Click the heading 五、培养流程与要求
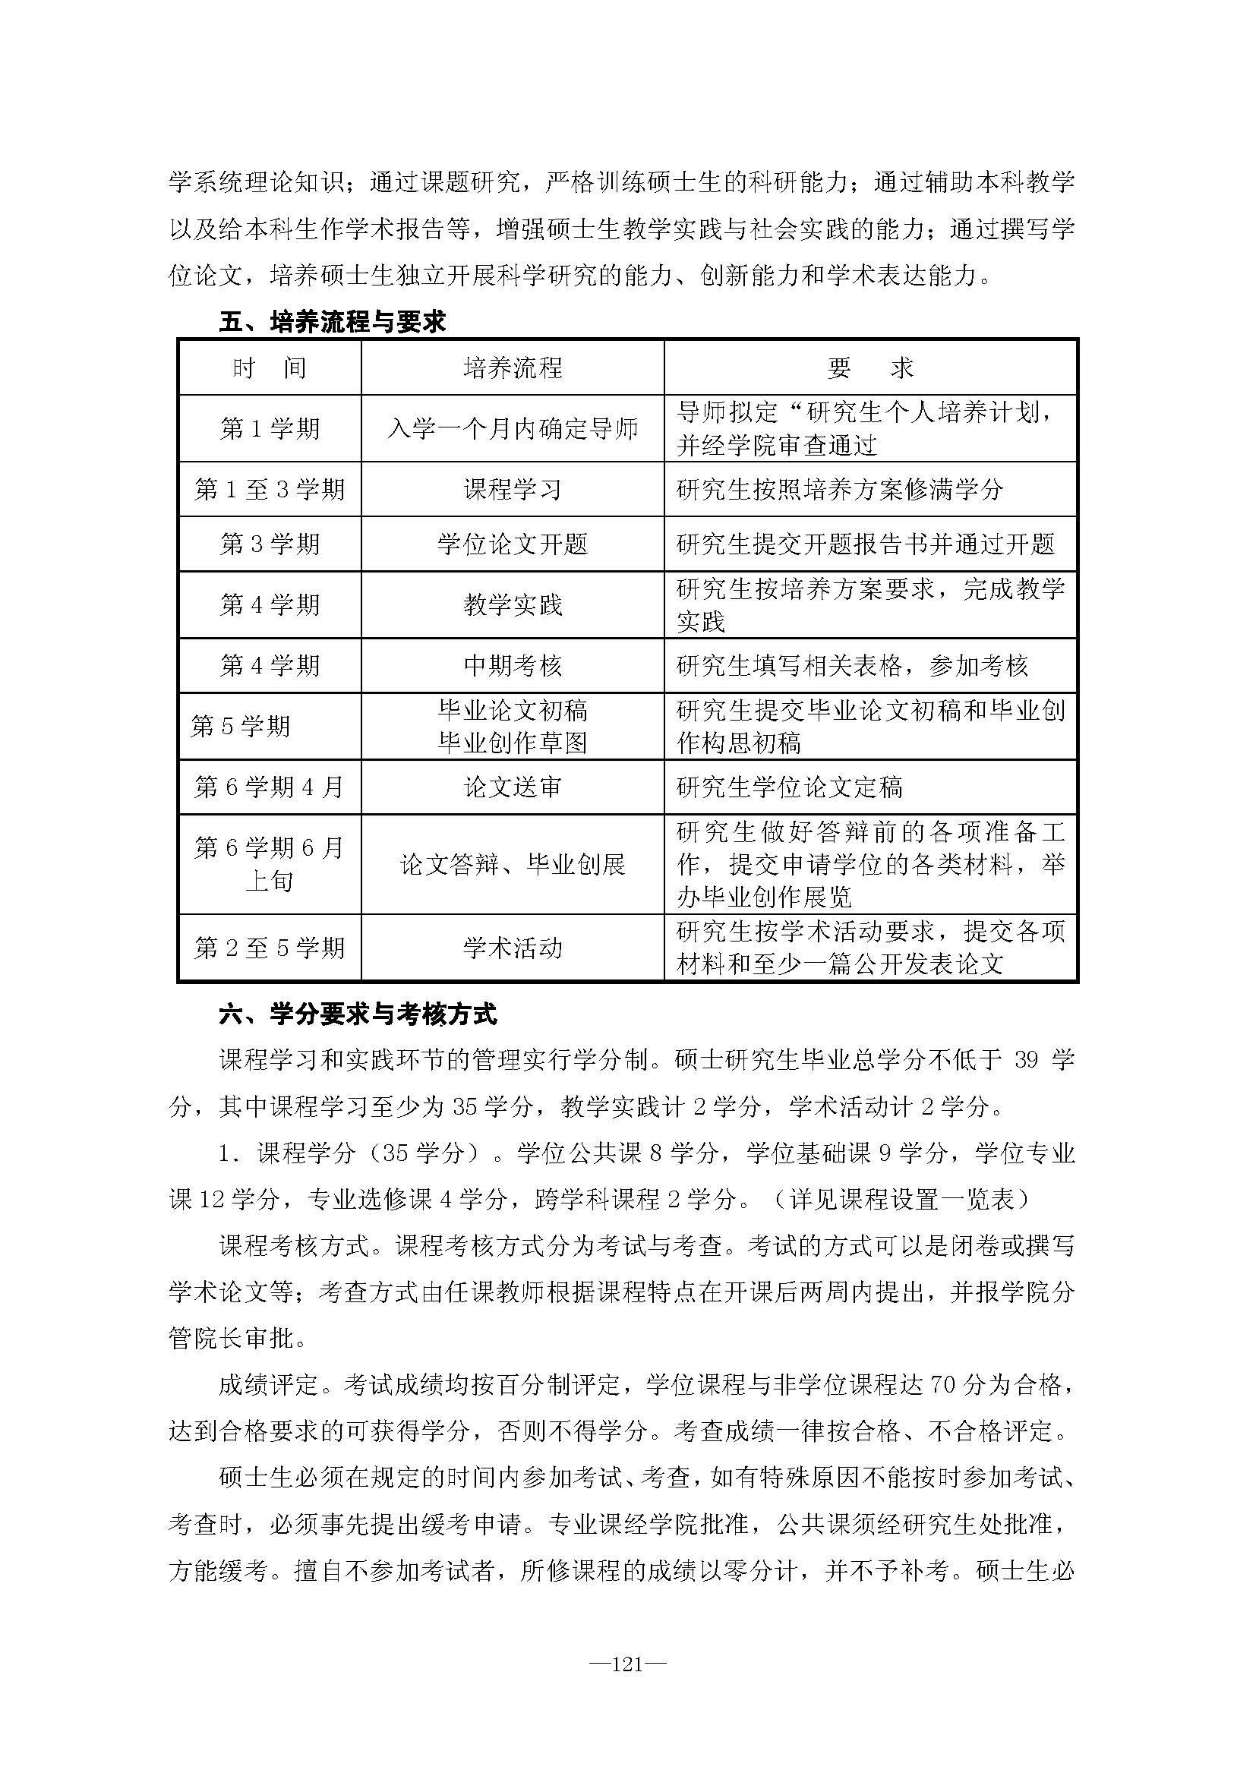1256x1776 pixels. click(333, 322)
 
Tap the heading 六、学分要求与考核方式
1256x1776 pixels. click(358, 1014)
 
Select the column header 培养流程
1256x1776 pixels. click(513, 368)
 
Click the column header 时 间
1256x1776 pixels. click(270, 368)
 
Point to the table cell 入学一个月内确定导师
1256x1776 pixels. click(513, 428)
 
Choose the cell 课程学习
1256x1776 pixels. click(513, 489)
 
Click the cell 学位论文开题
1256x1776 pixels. click(513, 544)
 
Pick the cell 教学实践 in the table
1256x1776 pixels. click(513, 604)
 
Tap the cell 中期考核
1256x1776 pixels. click(513, 665)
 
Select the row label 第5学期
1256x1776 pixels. click(241, 726)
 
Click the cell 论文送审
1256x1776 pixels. click(513, 787)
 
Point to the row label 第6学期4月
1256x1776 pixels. click(270, 787)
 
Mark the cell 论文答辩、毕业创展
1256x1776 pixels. click(513, 864)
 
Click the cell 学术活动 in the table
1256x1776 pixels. click(513, 948)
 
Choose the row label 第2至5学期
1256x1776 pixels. click(270, 948)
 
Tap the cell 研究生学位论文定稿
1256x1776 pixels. click(790, 787)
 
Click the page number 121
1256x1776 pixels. click(627, 1664)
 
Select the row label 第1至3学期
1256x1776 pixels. click(270, 489)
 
